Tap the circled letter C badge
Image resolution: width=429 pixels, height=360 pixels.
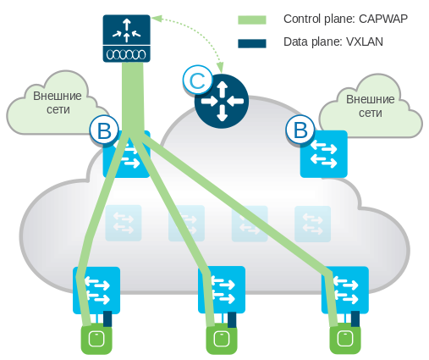(x=196, y=80)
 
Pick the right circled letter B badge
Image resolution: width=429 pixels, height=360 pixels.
(x=299, y=130)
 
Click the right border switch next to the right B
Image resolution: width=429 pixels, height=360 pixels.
(x=323, y=153)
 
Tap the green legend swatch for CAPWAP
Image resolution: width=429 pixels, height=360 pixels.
(x=252, y=18)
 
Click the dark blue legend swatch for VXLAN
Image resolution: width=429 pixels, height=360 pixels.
(x=252, y=43)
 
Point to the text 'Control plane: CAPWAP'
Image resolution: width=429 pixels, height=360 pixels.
(x=340, y=18)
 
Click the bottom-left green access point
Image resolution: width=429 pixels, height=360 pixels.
(x=96, y=340)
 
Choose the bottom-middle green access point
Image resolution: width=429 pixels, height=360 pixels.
(x=222, y=340)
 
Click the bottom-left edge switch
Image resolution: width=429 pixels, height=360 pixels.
(x=96, y=290)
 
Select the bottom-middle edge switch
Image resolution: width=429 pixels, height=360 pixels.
(x=222, y=290)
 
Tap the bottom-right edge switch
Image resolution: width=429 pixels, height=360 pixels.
(x=345, y=290)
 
